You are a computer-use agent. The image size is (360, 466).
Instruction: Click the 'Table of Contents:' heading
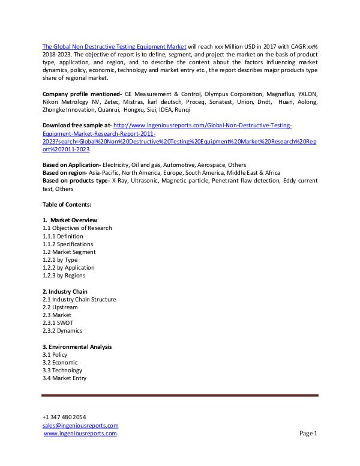[x=68, y=204]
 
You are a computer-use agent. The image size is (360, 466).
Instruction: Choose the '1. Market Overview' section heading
[x=70, y=220]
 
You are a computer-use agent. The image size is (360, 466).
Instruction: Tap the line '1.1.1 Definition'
[x=62, y=236]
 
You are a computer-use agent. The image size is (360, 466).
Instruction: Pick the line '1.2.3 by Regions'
[x=64, y=276]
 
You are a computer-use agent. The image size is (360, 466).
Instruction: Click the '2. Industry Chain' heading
[x=65, y=291]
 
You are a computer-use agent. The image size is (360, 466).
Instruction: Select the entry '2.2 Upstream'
[x=60, y=307]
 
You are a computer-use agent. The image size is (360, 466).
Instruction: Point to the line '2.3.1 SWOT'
[x=58, y=322]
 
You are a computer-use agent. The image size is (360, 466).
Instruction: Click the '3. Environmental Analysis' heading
[x=77, y=346]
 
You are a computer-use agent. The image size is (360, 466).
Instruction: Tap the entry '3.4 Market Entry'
[x=64, y=378]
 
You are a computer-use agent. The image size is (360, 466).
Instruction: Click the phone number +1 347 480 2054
[x=64, y=417]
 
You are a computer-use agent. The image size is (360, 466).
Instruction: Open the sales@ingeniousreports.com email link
[x=80, y=425]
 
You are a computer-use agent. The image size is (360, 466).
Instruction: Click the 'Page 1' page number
[x=307, y=433]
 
